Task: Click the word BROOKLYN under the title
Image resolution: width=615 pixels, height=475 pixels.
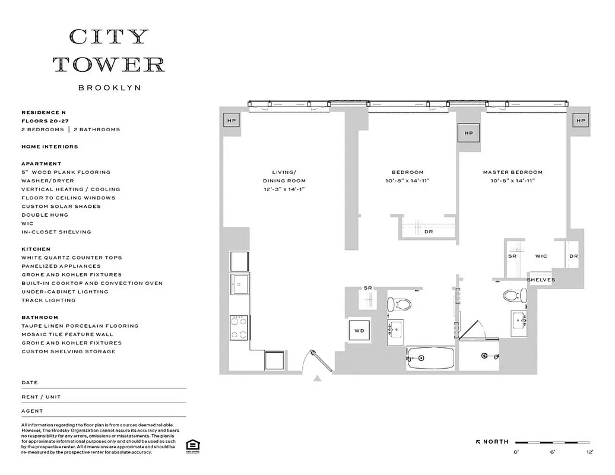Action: pos(109,88)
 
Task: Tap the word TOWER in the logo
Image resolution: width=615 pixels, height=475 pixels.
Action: pos(109,64)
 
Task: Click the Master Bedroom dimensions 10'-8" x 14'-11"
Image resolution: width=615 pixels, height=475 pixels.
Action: pos(512,181)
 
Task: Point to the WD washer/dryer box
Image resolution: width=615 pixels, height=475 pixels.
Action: pos(359,330)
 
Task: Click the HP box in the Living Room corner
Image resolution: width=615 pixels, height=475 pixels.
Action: pos(230,121)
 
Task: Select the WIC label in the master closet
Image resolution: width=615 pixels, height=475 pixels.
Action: pos(541,256)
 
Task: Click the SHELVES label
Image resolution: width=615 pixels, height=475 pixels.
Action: pos(541,280)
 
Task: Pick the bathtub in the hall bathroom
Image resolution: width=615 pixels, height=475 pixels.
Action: pos(430,359)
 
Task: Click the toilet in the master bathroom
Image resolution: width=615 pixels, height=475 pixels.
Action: pos(515,296)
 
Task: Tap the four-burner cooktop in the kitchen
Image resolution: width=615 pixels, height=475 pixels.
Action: pos(239,327)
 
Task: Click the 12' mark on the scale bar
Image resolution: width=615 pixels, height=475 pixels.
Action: pos(589,452)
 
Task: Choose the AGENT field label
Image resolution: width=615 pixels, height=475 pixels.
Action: pos(32,411)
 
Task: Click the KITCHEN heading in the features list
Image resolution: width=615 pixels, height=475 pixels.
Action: pos(36,249)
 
